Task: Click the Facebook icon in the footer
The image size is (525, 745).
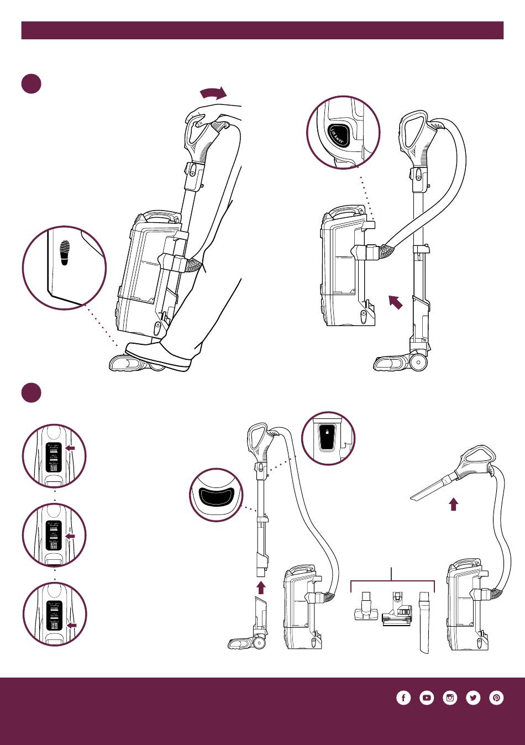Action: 403,698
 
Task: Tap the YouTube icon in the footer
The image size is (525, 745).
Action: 427,698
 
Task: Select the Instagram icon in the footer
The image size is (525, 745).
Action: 450,698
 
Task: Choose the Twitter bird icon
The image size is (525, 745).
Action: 474,698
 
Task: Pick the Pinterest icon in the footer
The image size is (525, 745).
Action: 497,698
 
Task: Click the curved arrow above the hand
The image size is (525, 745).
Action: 213,92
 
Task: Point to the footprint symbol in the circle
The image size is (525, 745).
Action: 65,253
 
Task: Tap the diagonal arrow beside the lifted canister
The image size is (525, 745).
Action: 395,302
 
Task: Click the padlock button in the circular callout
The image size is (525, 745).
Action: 327,438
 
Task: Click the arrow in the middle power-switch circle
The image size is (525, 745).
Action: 70,536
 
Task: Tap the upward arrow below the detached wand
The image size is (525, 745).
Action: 261,586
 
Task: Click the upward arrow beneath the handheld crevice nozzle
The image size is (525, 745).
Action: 453,504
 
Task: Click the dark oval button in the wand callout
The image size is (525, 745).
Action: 216,496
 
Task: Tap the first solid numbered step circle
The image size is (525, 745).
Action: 32,83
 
